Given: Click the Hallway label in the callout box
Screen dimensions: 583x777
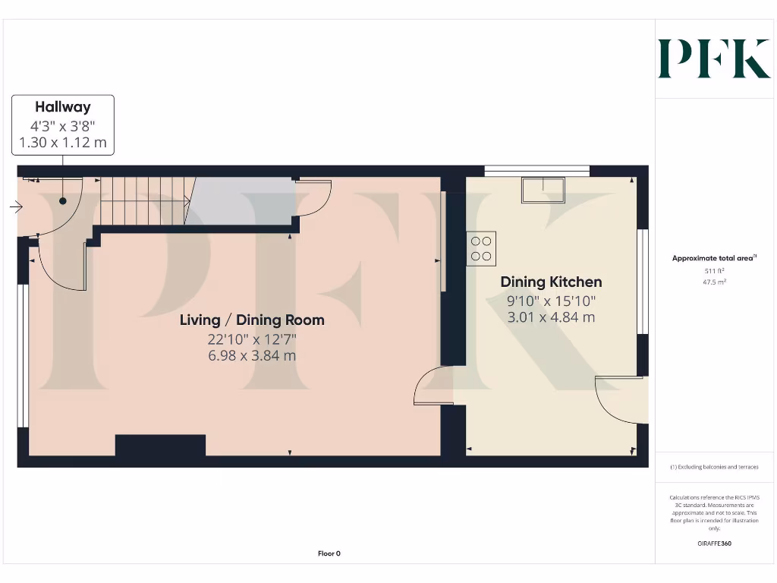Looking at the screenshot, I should pyautogui.click(x=62, y=107).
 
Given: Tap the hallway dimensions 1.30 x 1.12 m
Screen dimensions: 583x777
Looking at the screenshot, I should pyautogui.click(x=62, y=142).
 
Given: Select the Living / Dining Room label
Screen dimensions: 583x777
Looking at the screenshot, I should pyautogui.click(x=252, y=320).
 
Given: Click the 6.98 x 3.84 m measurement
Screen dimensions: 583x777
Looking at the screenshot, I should pyautogui.click(x=252, y=355).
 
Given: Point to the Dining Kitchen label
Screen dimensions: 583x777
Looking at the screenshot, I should pyautogui.click(x=551, y=282).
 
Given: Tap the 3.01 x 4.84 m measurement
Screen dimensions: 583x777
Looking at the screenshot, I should pyautogui.click(x=551, y=317).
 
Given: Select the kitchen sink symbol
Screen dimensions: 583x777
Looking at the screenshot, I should pyautogui.click(x=543, y=190).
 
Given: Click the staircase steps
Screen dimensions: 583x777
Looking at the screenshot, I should pyautogui.click(x=144, y=200).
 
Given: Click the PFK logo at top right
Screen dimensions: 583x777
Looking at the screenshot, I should pyautogui.click(x=713, y=59).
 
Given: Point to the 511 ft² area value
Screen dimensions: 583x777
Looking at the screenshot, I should pyautogui.click(x=714, y=270).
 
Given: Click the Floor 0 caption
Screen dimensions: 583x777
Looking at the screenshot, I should pyautogui.click(x=329, y=553).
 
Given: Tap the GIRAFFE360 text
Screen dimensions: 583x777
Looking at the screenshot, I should pyautogui.click(x=714, y=544).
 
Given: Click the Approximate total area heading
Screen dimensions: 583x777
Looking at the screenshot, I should pyautogui.click(x=713, y=259).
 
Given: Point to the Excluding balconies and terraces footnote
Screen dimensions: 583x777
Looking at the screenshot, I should pyautogui.click(x=714, y=467).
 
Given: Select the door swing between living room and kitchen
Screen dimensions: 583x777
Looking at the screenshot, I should pyautogui.click(x=433, y=386).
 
